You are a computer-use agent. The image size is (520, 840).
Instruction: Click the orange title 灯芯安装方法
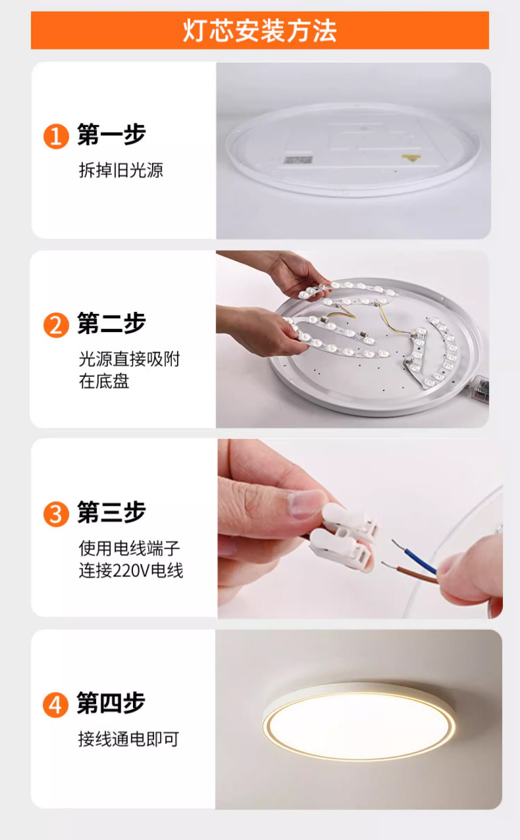[259, 30]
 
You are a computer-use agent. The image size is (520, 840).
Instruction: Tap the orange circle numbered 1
[56, 136]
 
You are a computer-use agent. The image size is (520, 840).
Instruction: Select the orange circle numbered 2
[56, 325]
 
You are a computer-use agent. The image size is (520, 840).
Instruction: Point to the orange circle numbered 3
[56, 514]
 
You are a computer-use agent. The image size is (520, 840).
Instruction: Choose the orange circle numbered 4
[55, 705]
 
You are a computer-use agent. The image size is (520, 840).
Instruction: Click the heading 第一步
[111, 134]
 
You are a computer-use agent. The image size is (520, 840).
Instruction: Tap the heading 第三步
[111, 512]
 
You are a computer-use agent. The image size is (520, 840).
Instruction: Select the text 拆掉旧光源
[121, 170]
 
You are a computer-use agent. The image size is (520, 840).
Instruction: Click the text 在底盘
[104, 382]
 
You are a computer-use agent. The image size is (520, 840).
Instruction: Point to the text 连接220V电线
[131, 571]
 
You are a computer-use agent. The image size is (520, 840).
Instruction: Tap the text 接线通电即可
[128, 739]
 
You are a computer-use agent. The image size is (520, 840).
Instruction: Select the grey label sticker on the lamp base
[298, 160]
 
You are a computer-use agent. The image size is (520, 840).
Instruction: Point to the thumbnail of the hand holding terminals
[360, 529]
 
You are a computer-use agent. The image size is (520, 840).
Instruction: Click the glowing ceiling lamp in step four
[359, 721]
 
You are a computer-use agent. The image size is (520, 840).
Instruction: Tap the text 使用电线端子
[130, 548]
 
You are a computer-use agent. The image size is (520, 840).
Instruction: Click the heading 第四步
[111, 703]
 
